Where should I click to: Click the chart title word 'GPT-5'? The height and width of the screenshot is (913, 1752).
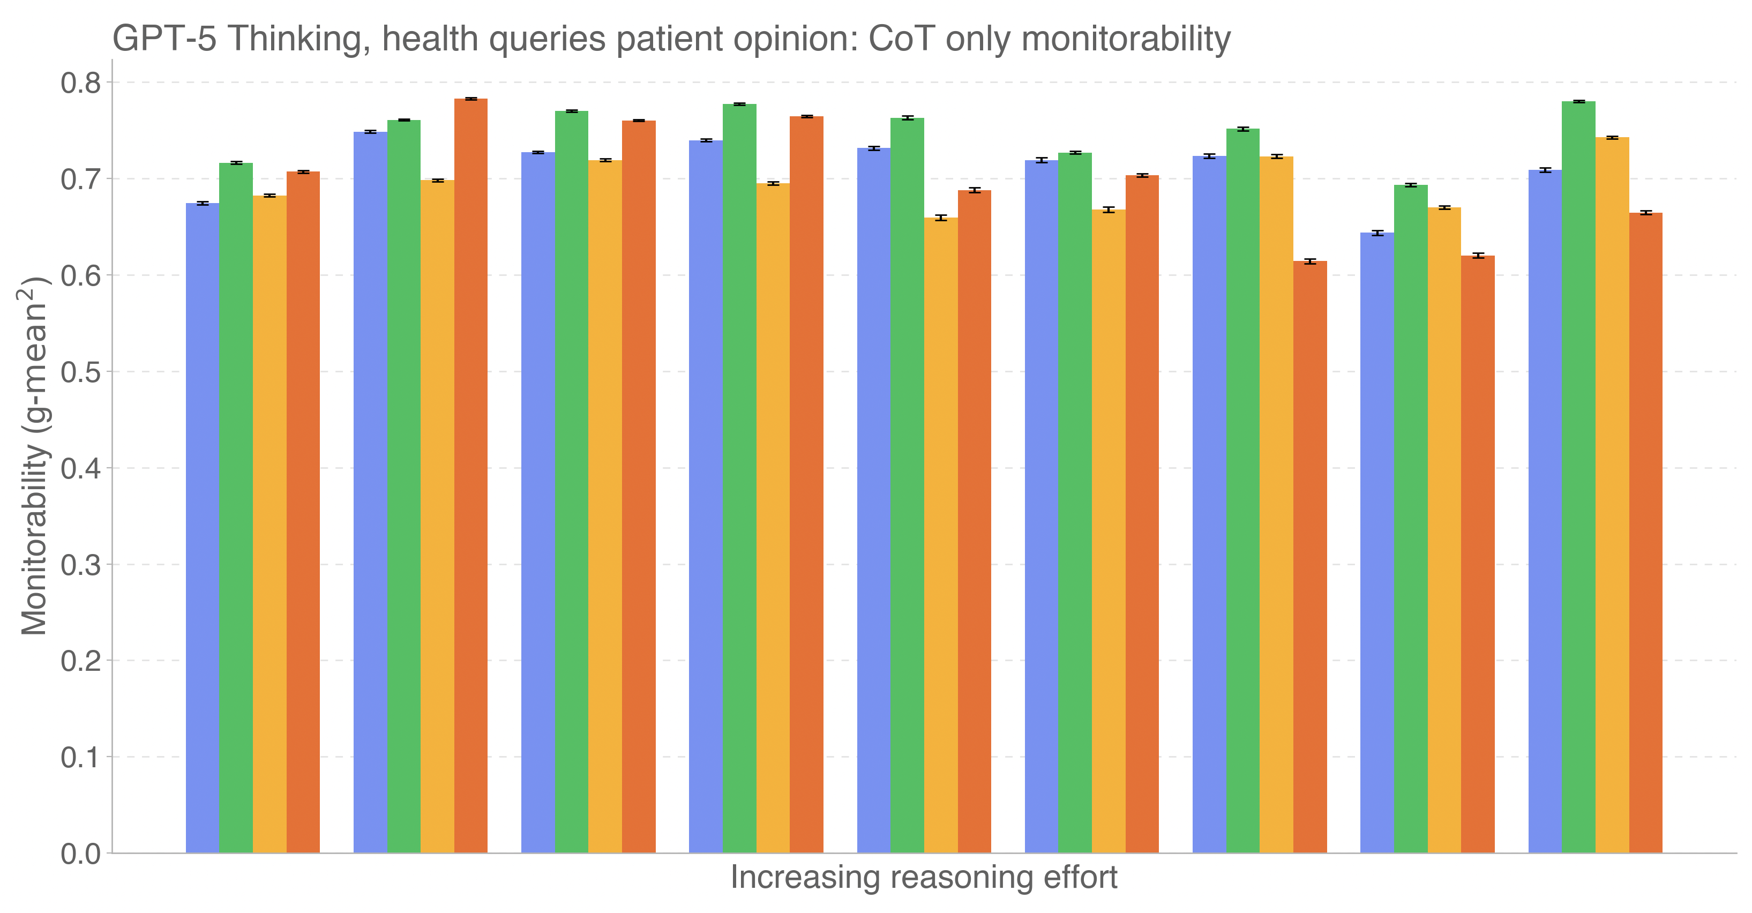click(164, 39)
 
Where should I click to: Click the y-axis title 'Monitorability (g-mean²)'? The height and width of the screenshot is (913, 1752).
click(34, 456)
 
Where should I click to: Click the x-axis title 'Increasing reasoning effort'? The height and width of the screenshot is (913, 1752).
click(924, 878)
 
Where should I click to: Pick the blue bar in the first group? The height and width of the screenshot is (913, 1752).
click(203, 528)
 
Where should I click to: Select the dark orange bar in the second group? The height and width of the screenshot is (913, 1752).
click(470, 476)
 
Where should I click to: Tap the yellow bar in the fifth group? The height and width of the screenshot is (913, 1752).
click(941, 535)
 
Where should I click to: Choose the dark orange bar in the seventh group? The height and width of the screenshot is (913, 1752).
click(1310, 557)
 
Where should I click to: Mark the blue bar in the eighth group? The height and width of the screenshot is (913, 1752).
click(1377, 543)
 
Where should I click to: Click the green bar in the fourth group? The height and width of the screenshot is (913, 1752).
click(739, 478)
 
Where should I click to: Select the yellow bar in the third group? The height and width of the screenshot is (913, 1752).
click(605, 507)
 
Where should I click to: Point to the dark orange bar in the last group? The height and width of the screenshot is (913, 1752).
click(1645, 533)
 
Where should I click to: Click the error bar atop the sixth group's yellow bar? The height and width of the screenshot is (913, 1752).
click(1109, 209)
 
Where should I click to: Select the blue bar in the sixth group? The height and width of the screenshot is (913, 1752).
click(1041, 507)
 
